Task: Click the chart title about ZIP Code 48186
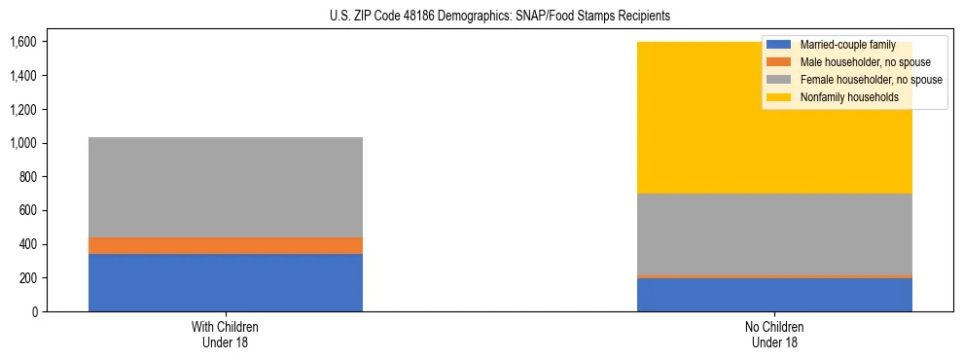481,17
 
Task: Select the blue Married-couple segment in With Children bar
226,282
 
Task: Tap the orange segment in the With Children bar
226,245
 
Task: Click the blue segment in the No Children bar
774,295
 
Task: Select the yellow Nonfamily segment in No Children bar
681,117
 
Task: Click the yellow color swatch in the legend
779,97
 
